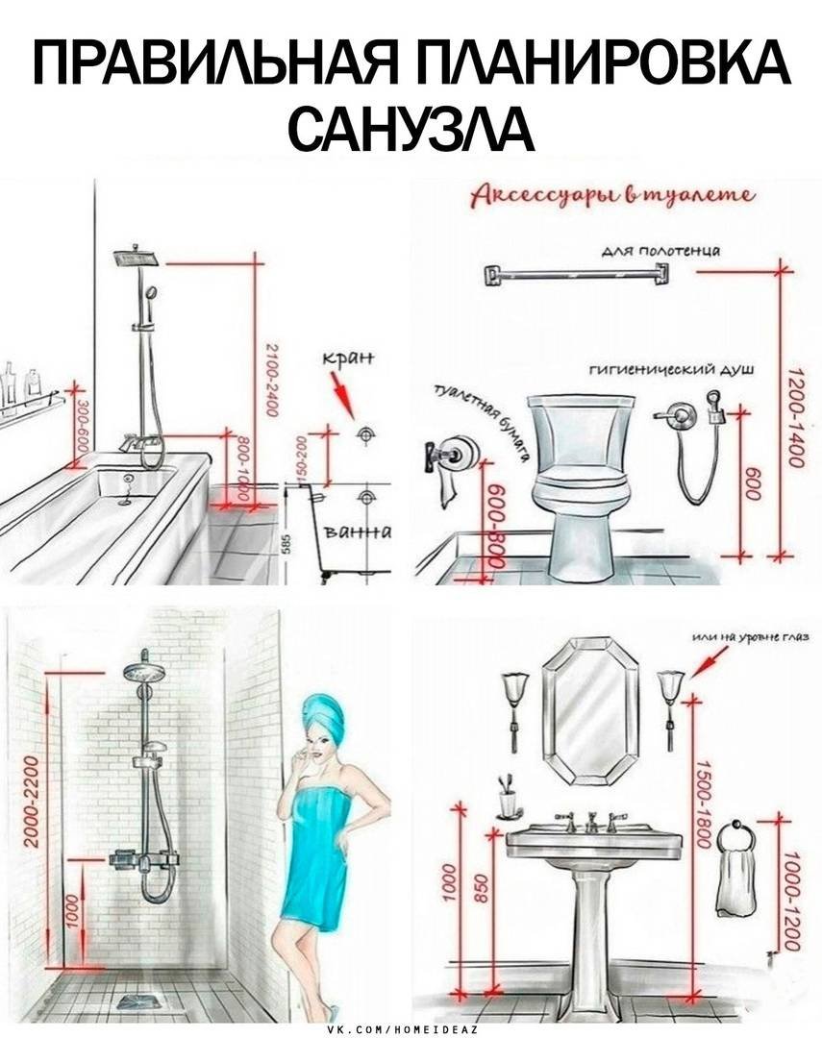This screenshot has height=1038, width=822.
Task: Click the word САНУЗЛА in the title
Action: tap(411, 127)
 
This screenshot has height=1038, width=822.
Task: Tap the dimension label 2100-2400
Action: tap(272, 379)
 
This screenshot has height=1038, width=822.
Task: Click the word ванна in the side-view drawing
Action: tap(358, 533)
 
